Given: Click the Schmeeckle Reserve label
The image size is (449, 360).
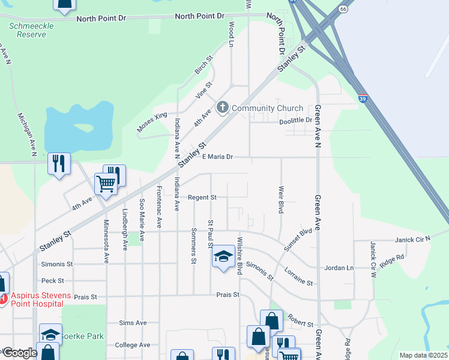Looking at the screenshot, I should (x=27, y=30).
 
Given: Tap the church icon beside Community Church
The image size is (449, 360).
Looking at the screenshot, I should (x=223, y=108).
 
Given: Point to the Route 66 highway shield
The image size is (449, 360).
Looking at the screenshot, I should (x=343, y=10).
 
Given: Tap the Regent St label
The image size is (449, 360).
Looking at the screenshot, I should (x=202, y=197).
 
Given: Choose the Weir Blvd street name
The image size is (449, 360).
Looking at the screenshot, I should (x=281, y=200).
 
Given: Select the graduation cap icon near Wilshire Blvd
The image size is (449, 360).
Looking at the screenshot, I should (x=223, y=257).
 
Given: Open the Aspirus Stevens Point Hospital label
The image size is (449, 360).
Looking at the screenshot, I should (x=39, y=300).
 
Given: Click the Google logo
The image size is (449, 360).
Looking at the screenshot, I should (x=19, y=353).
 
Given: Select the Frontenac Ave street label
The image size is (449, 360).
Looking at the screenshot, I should (x=159, y=206).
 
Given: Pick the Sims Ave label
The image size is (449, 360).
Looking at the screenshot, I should (x=133, y=323).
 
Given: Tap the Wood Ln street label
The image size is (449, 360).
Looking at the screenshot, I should (x=231, y=34).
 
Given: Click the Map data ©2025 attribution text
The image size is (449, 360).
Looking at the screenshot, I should (x=423, y=355).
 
